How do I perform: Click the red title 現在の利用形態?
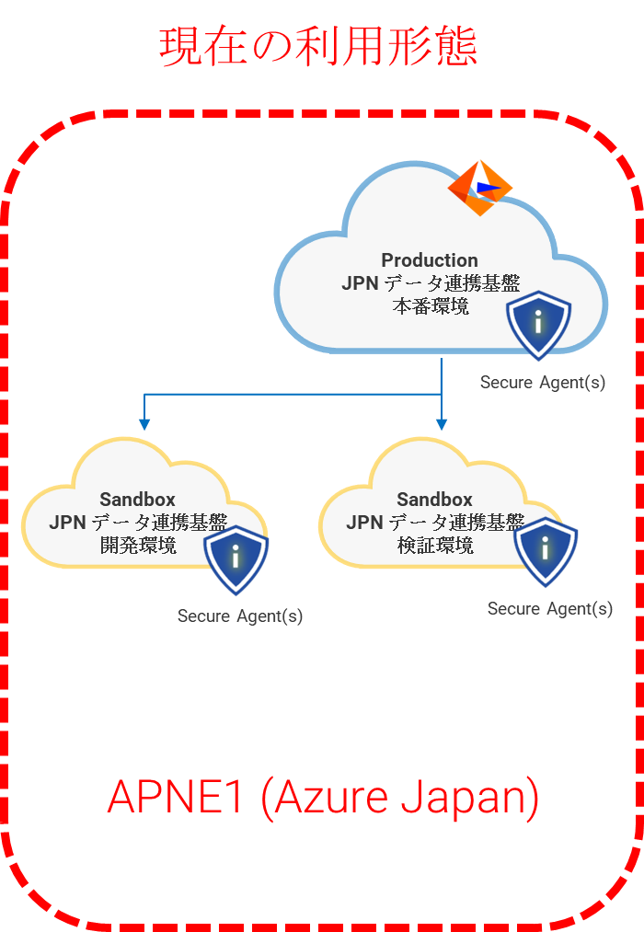pos(318,46)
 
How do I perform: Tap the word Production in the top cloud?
pos(430,260)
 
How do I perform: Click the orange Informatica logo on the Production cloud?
pos(479,188)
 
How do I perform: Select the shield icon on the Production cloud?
pos(539,325)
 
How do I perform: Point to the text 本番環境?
pos(431,306)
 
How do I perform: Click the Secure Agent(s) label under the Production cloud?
pos(543,382)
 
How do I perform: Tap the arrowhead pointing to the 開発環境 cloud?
pos(144,424)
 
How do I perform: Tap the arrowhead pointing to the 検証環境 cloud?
pos(442,424)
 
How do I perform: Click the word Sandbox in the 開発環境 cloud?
pos(137,500)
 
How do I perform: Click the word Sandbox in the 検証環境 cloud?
pos(434,500)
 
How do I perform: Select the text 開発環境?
pos(137,546)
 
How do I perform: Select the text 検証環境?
pos(435,546)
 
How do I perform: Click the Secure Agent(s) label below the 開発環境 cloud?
pos(240,616)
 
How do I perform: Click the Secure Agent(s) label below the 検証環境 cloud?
pos(550,609)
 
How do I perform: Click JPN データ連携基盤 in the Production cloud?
pos(431,283)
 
